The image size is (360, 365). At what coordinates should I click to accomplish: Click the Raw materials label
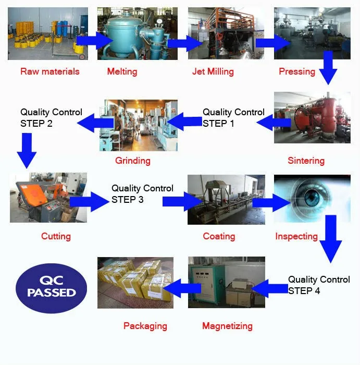tap(50, 71)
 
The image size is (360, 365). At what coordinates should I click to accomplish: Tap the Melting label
tap(122, 71)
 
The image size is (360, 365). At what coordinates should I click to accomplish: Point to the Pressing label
tap(297, 71)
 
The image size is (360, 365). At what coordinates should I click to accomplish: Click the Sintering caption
tap(306, 161)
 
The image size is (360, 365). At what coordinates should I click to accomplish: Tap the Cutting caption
tap(56, 236)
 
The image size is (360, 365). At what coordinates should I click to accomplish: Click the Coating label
tap(219, 236)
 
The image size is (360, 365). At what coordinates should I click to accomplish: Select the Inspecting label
tap(296, 236)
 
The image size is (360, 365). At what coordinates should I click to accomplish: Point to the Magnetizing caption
tap(227, 326)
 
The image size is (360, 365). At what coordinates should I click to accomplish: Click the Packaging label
tap(145, 326)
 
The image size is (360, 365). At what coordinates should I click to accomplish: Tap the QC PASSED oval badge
tap(52, 286)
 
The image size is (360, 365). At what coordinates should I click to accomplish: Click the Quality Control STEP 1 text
tap(233, 118)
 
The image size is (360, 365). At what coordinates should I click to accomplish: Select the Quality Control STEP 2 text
tap(51, 118)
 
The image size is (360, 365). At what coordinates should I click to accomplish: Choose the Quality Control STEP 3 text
tap(142, 193)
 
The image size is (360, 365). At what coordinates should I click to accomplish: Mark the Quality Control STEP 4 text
tap(319, 285)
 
